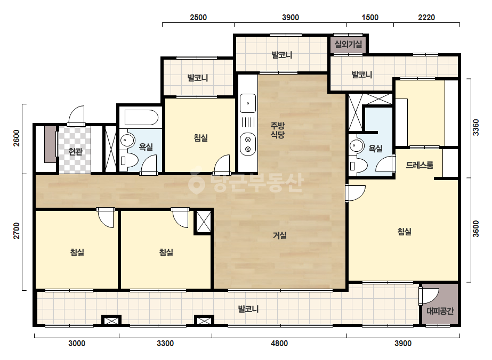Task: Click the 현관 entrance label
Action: [x=75, y=151]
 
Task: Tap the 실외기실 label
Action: [x=348, y=44]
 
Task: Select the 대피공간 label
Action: [x=440, y=311]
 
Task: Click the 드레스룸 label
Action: [x=420, y=165]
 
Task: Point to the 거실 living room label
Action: [x=279, y=235]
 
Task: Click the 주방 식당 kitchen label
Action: [x=278, y=130]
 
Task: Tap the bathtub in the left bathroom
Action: [x=141, y=118]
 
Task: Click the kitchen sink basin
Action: [x=248, y=103]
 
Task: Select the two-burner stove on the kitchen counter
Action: [x=248, y=144]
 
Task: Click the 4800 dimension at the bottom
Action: [x=279, y=343]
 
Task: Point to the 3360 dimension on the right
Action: [x=476, y=127]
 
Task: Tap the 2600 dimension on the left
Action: [x=17, y=138]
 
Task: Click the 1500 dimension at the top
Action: [x=370, y=17]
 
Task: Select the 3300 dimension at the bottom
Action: [x=165, y=343]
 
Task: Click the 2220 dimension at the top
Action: [x=426, y=17]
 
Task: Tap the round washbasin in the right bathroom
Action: [x=357, y=145]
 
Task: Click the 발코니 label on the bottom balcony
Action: [x=248, y=309]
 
